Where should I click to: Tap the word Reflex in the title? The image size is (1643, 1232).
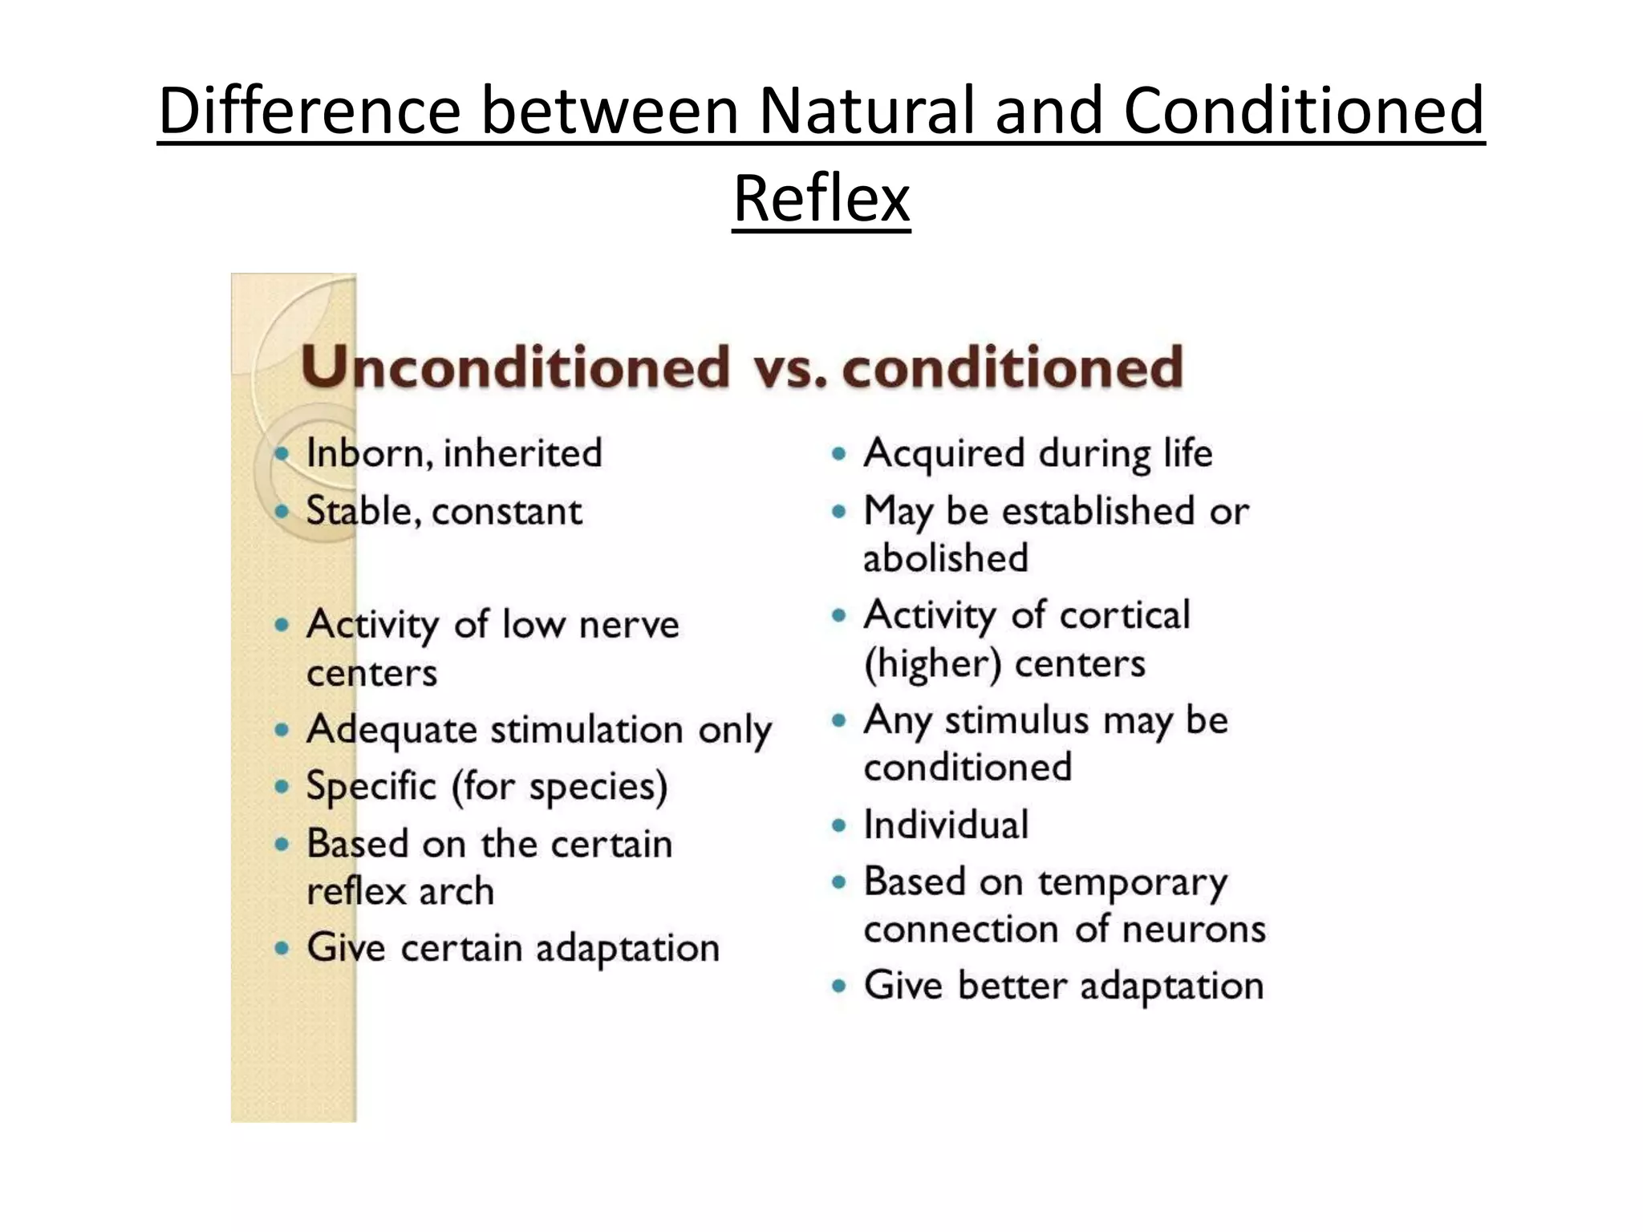coord(821,198)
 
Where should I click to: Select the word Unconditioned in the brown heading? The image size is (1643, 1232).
coord(515,367)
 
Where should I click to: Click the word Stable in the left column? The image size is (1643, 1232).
coord(360,512)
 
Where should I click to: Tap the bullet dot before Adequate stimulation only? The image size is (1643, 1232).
coord(281,730)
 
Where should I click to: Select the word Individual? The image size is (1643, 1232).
coord(945,825)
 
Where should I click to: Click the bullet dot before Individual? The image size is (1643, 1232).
coord(839,825)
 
